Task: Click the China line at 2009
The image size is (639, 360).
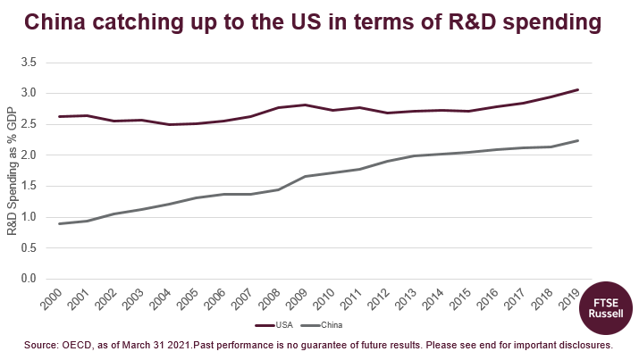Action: [307, 176]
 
